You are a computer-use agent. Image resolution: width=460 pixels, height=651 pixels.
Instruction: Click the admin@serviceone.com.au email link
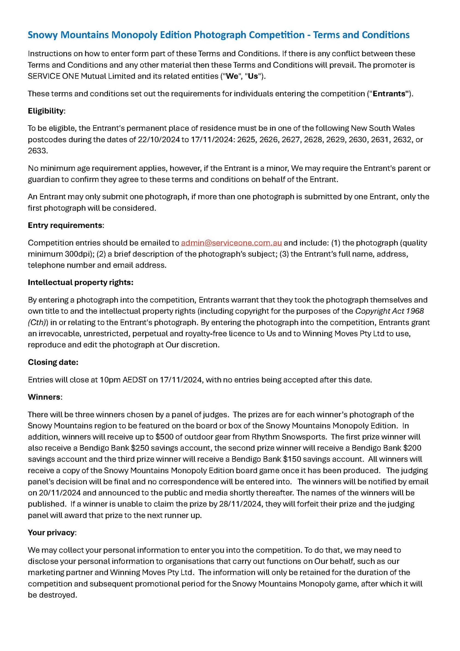231,243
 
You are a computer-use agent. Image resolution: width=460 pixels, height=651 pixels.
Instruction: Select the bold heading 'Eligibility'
46,111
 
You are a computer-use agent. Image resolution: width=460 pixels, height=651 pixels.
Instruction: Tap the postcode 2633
37,151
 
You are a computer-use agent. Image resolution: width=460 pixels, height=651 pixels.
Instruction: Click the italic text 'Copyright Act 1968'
389,311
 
